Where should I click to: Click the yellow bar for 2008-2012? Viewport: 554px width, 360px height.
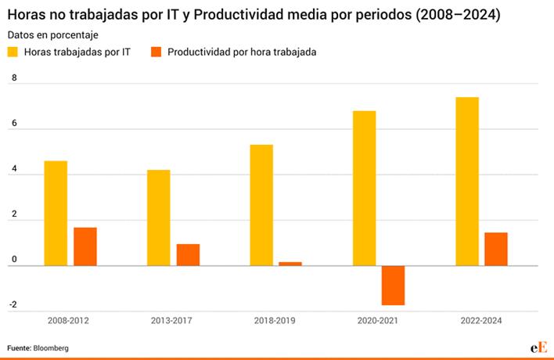click(x=56, y=214)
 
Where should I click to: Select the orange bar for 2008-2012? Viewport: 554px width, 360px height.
click(x=85, y=247)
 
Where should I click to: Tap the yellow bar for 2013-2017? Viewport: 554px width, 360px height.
click(x=159, y=218)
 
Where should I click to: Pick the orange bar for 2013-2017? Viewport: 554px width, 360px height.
click(x=188, y=254)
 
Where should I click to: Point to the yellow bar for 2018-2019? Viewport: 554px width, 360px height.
click(x=261, y=205)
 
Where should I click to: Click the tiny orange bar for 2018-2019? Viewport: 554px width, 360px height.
click(x=290, y=264)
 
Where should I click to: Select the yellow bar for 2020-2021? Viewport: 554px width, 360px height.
click(x=365, y=189)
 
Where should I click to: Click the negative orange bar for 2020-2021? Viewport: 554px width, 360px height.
click(x=394, y=286)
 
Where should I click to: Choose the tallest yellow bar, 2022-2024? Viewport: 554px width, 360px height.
click(x=467, y=182)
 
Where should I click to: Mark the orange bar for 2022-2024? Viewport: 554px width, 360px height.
click(x=496, y=249)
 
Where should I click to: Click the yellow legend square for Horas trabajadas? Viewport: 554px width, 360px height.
click(x=13, y=52)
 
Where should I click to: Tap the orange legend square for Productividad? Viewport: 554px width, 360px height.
click(x=156, y=52)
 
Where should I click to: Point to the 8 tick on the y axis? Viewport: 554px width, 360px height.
click(x=14, y=77)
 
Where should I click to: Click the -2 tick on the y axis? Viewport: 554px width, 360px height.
click(x=13, y=304)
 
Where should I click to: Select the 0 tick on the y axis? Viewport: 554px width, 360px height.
click(x=14, y=259)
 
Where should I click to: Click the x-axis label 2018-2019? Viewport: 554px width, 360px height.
click(x=275, y=321)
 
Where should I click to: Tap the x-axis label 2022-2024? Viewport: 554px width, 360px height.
click(x=481, y=321)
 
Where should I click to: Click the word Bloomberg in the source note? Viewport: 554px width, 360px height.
click(x=51, y=348)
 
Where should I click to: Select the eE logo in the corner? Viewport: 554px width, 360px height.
click(x=539, y=347)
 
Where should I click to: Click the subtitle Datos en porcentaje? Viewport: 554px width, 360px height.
click(x=53, y=35)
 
